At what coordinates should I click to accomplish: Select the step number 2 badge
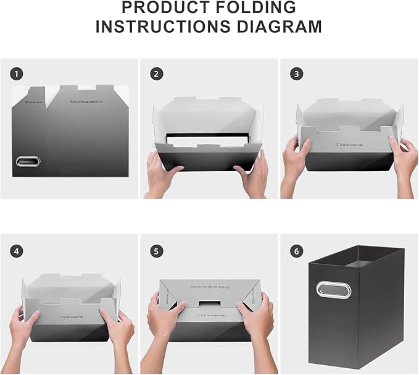[157, 74]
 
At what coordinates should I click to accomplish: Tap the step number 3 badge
[297, 74]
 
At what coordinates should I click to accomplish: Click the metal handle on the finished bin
[334, 289]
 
